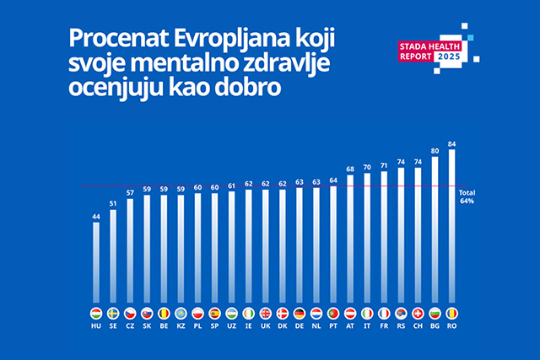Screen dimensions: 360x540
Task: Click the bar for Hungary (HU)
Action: coord(96,261)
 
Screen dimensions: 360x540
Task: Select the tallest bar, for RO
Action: coord(452,228)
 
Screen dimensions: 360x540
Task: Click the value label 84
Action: coord(452,144)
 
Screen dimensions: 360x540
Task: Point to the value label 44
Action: coord(96,217)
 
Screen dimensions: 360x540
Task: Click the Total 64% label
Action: coord(467,198)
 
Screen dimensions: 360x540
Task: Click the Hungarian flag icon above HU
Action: coord(96,312)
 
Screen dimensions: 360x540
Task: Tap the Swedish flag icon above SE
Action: coord(113,312)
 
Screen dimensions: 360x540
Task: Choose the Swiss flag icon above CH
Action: coord(418,312)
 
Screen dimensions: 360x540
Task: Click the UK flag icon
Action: coord(266,312)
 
